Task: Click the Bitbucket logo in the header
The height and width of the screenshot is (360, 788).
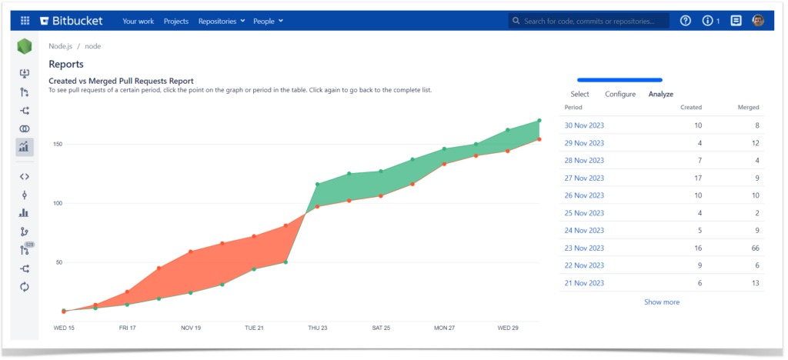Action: click(x=73, y=21)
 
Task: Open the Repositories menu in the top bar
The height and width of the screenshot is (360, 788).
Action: click(x=222, y=21)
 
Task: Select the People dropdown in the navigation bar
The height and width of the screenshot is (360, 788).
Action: click(x=268, y=21)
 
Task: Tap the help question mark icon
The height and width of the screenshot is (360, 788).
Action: click(x=686, y=21)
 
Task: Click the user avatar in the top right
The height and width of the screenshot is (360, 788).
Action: click(x=758, y=21)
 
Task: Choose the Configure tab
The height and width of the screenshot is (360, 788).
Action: click(x=620, y=94)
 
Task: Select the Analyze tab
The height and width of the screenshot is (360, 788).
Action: click(x=661, y=94)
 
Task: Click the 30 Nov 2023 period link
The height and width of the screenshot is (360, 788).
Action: click(x=584, y=125)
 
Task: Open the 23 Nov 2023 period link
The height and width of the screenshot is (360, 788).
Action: click(x=584, y=248)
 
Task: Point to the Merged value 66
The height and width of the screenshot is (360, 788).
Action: click(x=755, y=248)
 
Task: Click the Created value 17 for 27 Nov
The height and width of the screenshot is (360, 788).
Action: click(x=697, y=178)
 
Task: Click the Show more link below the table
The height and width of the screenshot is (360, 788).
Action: click(x=662, y=302)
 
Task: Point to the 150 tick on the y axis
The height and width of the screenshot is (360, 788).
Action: click(x=58, y=144)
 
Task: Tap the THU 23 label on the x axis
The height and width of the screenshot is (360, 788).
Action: click(x=316, y=328)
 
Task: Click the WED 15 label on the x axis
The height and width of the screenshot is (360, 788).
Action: click(x=64, y=328)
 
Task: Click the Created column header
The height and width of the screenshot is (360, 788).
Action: click(x=691, y=108)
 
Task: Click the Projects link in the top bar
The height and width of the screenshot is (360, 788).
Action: click(x=176, y=21)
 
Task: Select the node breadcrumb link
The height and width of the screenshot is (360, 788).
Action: click(x=92, y=46)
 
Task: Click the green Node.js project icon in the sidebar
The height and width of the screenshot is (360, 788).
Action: click(x=25, y=47)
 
